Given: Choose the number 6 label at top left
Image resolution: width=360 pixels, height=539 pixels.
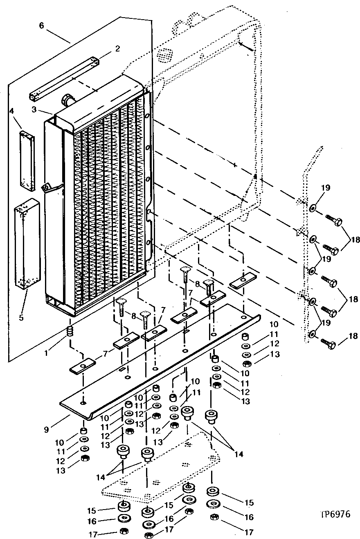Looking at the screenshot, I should pyautogui.click(x=41, y=25).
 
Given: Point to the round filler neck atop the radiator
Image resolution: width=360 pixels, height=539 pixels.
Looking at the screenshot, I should pyautogui.click(x=67, y=99).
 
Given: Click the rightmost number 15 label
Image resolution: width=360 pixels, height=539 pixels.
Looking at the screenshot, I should pyautogui.click(x=249, y=503).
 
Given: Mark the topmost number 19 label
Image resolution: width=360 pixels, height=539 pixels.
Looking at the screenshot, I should pyautogui.click(x=325, y=189).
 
